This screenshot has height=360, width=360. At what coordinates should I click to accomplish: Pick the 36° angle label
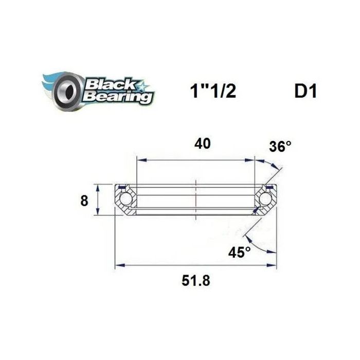click(280, 147)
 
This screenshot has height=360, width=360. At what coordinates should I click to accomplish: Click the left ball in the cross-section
click(125, 200)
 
